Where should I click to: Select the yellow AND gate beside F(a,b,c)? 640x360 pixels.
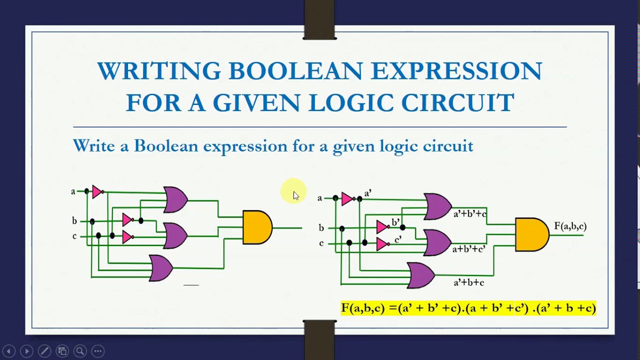[531, 234]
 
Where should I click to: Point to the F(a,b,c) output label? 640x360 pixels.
[570, 226]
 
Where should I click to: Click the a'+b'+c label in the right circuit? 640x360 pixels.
[469, 214]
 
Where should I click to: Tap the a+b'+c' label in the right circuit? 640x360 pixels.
[468, 248]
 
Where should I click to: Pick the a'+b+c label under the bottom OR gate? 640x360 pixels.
[468, 282]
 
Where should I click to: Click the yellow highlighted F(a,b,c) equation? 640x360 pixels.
[468, 308]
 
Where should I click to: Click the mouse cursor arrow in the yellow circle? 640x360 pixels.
[295, 195]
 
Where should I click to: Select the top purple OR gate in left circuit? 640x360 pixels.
[175, 199]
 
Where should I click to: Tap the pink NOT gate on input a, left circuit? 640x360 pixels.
[97, 191]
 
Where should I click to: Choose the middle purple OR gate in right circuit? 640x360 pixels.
[436, 242]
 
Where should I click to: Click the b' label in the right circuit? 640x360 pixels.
[395, 222]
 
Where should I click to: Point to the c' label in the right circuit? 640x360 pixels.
[398, 240]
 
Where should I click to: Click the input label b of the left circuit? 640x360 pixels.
[74, 221]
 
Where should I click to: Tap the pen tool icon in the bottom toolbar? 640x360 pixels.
[44, 351]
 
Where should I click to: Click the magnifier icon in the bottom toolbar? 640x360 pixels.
[79, 351]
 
